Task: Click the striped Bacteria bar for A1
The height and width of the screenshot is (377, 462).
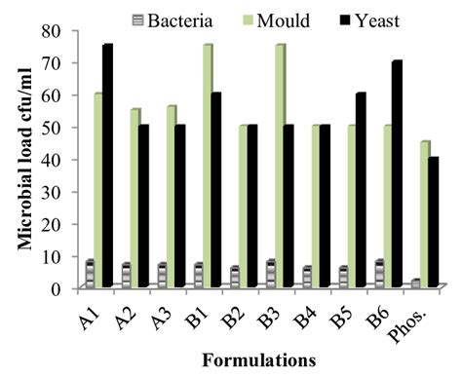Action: pos(90,274)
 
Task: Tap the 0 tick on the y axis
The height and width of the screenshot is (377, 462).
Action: pos(56,288)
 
